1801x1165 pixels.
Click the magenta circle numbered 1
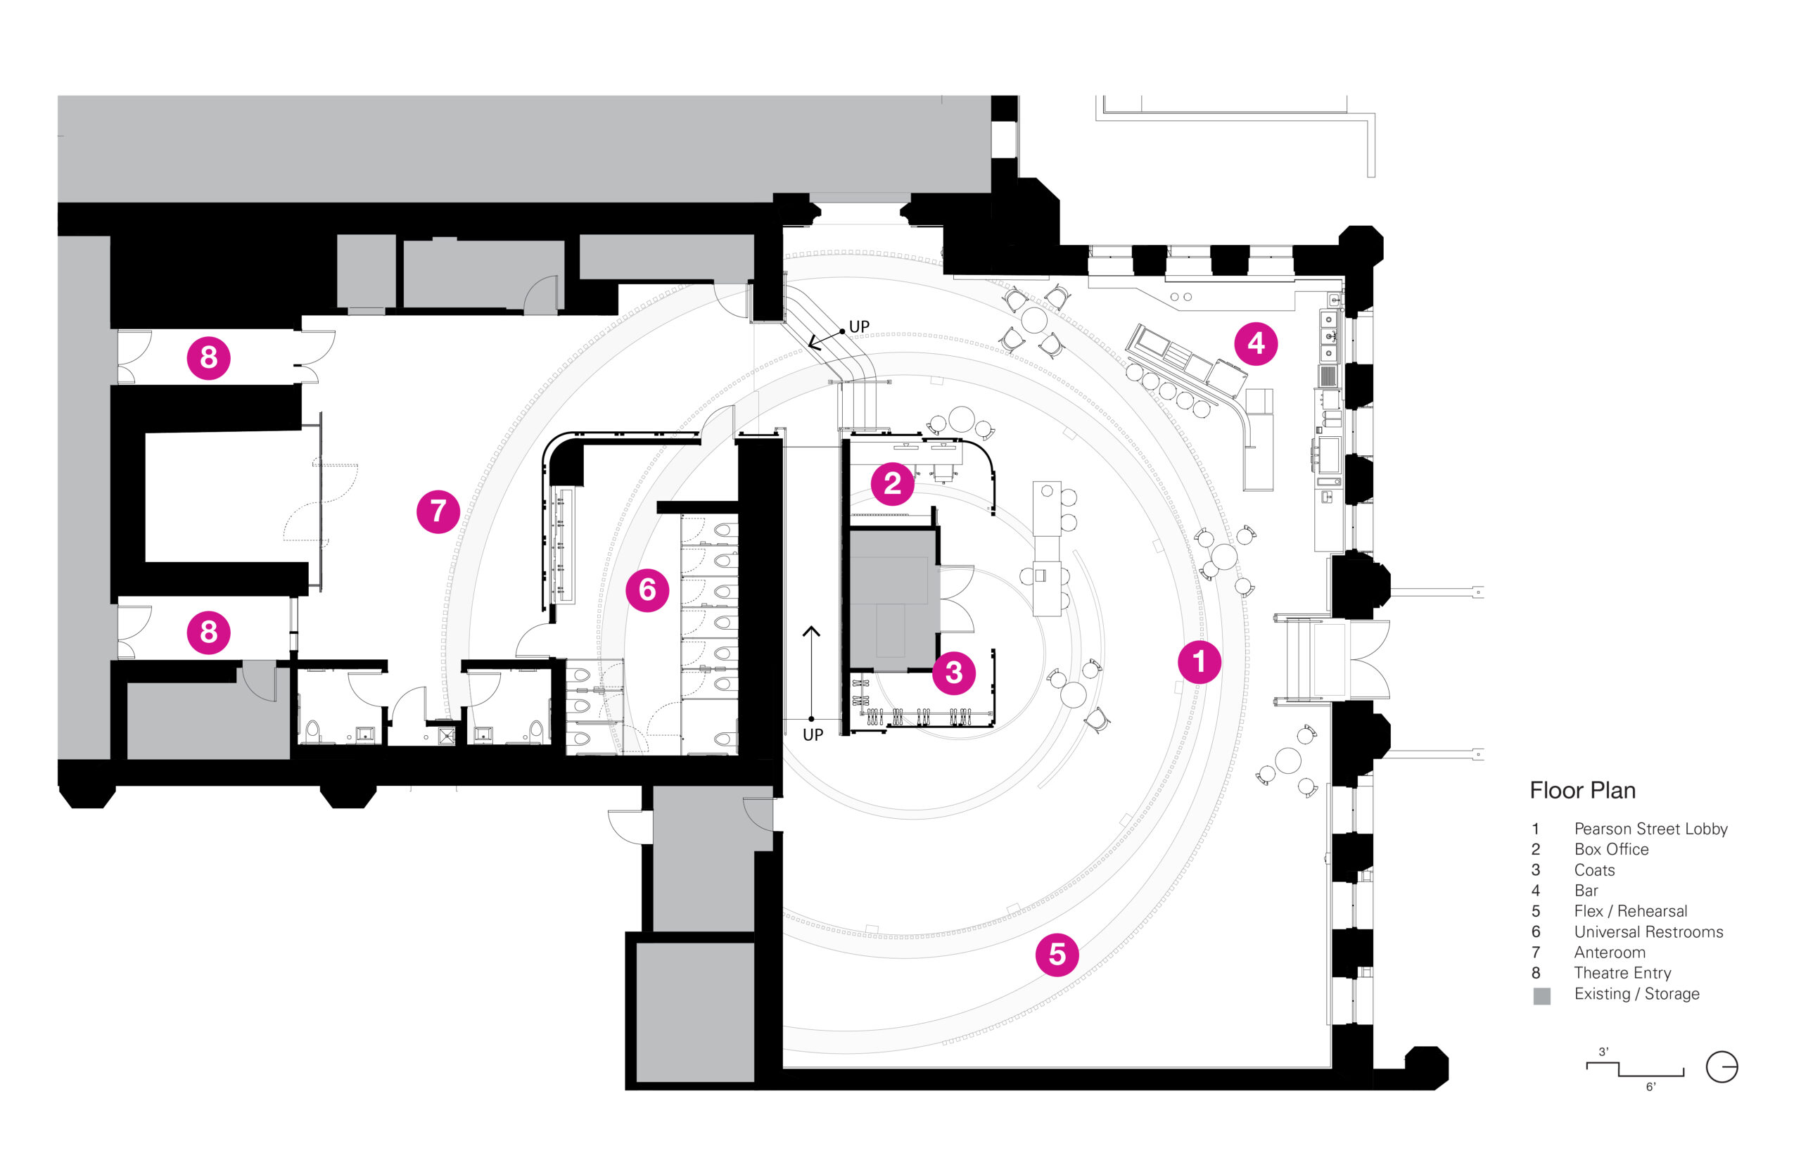click(1198, 662)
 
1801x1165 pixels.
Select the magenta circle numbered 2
click(892, 483)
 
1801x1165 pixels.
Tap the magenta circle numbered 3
click(953, 673)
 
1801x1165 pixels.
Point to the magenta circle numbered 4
click(1256, 343)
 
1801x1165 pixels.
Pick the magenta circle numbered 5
click(1057, 955)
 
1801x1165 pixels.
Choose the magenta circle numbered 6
click(647, 590)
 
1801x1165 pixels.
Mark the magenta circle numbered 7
click(438, 511)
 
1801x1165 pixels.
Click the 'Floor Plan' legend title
click(1582, 791)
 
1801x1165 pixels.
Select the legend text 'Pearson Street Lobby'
click(1650, 829)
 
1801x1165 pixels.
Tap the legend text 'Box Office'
click(1611, 850)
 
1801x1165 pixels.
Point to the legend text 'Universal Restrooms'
click(1648, 932)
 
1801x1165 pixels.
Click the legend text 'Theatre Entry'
click(1622, 973)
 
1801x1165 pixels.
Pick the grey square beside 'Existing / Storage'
click(1541, 995)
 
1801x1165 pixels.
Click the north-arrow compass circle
click(1722, 1067)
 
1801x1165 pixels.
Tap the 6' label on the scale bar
click(1650, 1087)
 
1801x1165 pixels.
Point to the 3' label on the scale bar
click(1603, 1052)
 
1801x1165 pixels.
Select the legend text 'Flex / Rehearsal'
click(1630, 912)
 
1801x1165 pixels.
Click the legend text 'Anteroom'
click(1610, 953)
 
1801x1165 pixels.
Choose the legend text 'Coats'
click(1593, 870)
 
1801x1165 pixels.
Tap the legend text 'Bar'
click(1586, 891)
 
